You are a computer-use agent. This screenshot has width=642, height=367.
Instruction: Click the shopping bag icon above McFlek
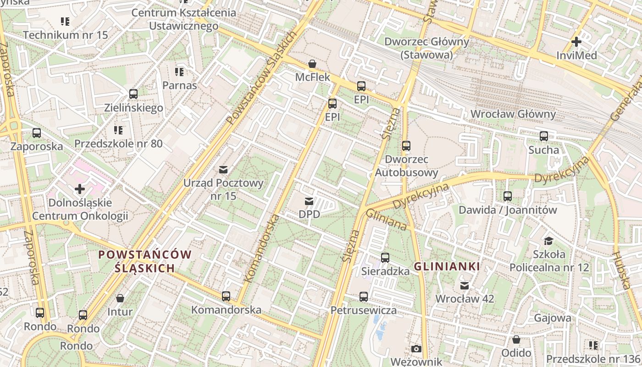pyautogui.click(x=312, y=63)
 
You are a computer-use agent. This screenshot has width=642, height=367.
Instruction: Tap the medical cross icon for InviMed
pyautogui.click(x=576, y=42)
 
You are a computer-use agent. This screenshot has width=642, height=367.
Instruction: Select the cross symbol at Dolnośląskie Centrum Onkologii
pyautogui.click(x=80, y=189)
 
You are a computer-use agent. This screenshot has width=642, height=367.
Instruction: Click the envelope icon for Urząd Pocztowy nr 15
pyautogui.click(x=223, y=170)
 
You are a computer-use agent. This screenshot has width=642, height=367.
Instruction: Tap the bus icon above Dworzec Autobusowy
pyautogui.click(x=406, y=146)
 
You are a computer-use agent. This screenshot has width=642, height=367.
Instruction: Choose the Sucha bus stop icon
pyautogui.click(x=544, y=136)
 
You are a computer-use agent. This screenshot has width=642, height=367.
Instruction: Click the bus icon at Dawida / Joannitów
pyautogui.click(x=508, y=196)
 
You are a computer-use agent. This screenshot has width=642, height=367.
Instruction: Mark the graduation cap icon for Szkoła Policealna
pyautogui.click(x=548, y=241)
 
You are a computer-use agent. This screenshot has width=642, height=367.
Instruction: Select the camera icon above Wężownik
pyautogui.click(x=416, y=349)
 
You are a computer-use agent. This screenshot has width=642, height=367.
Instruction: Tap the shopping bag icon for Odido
pyautogui.click(x=516, y=339)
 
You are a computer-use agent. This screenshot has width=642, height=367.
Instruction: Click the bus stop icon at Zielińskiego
pyautogui.click(x=133, y=94)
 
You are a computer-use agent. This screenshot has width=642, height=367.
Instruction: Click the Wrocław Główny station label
pyautogui.click(x=513, y=114)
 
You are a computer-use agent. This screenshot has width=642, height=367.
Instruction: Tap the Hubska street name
pyautogui.click(x=622, y=270)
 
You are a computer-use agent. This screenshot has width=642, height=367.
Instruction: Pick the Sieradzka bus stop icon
pyautogui.click(x=385, y=258)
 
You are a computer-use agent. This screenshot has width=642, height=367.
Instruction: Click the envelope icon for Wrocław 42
pyautogui.click(x=465, y=285)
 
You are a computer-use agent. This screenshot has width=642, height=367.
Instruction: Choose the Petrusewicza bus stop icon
pyautogui.click(x=364, y=297)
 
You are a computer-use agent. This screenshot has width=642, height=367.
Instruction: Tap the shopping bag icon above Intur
pyautogui.click(x=120, y=298)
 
